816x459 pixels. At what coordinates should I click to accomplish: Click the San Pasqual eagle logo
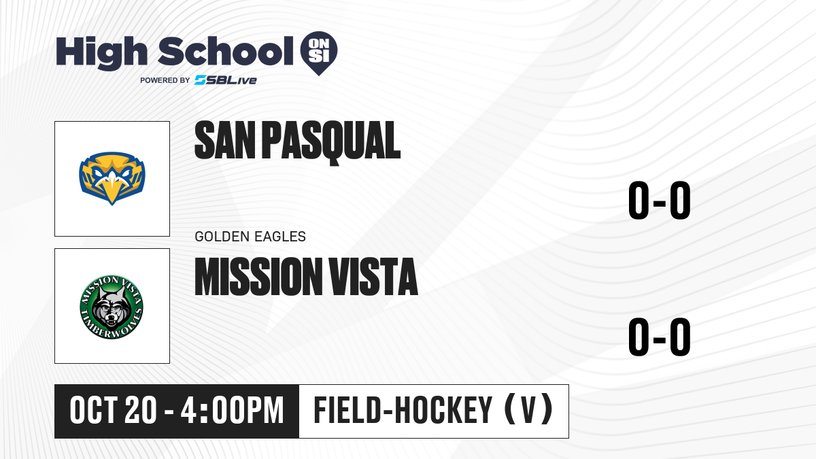click(112, 178)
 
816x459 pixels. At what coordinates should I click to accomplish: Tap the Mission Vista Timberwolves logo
click(112, 307)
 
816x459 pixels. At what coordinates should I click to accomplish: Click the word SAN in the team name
click(225, 141)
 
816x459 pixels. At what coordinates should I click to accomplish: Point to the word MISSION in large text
click(258, 276)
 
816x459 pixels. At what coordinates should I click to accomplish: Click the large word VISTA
click(373, 276)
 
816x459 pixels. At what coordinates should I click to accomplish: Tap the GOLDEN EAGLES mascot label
click(250, 237)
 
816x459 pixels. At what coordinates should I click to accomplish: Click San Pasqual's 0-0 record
click(660, 200)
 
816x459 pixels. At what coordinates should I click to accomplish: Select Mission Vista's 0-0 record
click(660, 337)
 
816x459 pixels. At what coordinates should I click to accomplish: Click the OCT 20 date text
click(114, 411)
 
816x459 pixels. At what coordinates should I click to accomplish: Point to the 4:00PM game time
click(232, 411)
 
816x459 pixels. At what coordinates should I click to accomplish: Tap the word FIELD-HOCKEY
click(403, 410)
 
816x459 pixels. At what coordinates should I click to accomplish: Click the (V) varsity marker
click(528, 409)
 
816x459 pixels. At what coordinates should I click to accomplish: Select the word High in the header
click(101, 52)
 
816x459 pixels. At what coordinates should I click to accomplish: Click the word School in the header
click(226, 51)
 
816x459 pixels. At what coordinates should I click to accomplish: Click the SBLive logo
click(226, 80)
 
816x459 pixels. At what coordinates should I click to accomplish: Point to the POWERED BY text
click(165, 80)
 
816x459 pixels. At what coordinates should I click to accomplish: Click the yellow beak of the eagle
click(112, 190)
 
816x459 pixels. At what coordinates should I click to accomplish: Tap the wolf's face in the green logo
click(111, 309)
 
